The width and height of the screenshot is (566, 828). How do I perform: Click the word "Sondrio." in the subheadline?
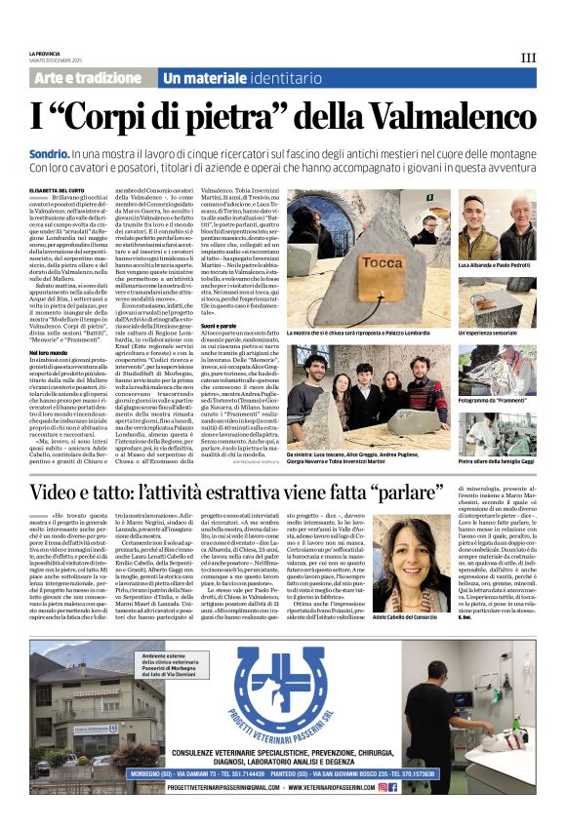tap(50, 154)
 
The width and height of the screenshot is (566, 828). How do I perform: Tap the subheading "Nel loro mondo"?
tap(51, 351)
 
